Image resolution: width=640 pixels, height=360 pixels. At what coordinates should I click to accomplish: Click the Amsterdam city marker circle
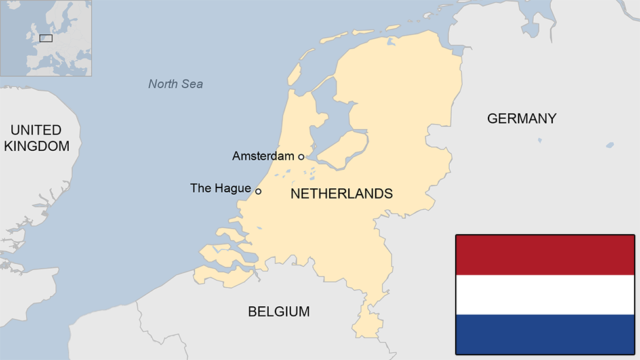point(301,157)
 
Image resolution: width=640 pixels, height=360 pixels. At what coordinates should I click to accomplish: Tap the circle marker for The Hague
point(258,191)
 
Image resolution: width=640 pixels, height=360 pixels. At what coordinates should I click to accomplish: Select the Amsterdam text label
point(263,156)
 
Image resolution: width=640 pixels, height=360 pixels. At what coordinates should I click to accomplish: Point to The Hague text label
point(220,189)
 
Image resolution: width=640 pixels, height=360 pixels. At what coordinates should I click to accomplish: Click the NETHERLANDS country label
point(341,193)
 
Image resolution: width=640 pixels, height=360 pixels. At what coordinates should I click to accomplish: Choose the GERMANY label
point(521,119)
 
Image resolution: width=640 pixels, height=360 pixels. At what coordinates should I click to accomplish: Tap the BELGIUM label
point(279,311)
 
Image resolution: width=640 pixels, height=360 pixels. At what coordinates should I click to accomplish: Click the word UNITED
point(36,130)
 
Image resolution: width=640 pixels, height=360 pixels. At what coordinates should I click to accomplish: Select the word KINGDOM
point(37,146)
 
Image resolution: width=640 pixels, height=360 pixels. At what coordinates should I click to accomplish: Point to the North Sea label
point(175,84)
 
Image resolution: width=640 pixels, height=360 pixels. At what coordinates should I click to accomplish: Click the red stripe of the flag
point(545,255)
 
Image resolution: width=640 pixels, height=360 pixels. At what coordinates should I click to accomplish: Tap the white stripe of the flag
point(545,294)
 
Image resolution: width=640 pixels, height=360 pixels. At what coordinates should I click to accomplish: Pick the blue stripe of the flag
point(545,334)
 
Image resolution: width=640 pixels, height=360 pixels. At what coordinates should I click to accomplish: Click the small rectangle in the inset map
point(46,38)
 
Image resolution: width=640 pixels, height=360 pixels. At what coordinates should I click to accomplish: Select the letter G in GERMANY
point(492,119)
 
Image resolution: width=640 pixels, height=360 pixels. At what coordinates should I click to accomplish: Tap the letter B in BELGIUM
point(252,311)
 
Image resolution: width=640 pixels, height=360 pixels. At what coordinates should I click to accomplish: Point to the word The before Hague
point(200,189)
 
